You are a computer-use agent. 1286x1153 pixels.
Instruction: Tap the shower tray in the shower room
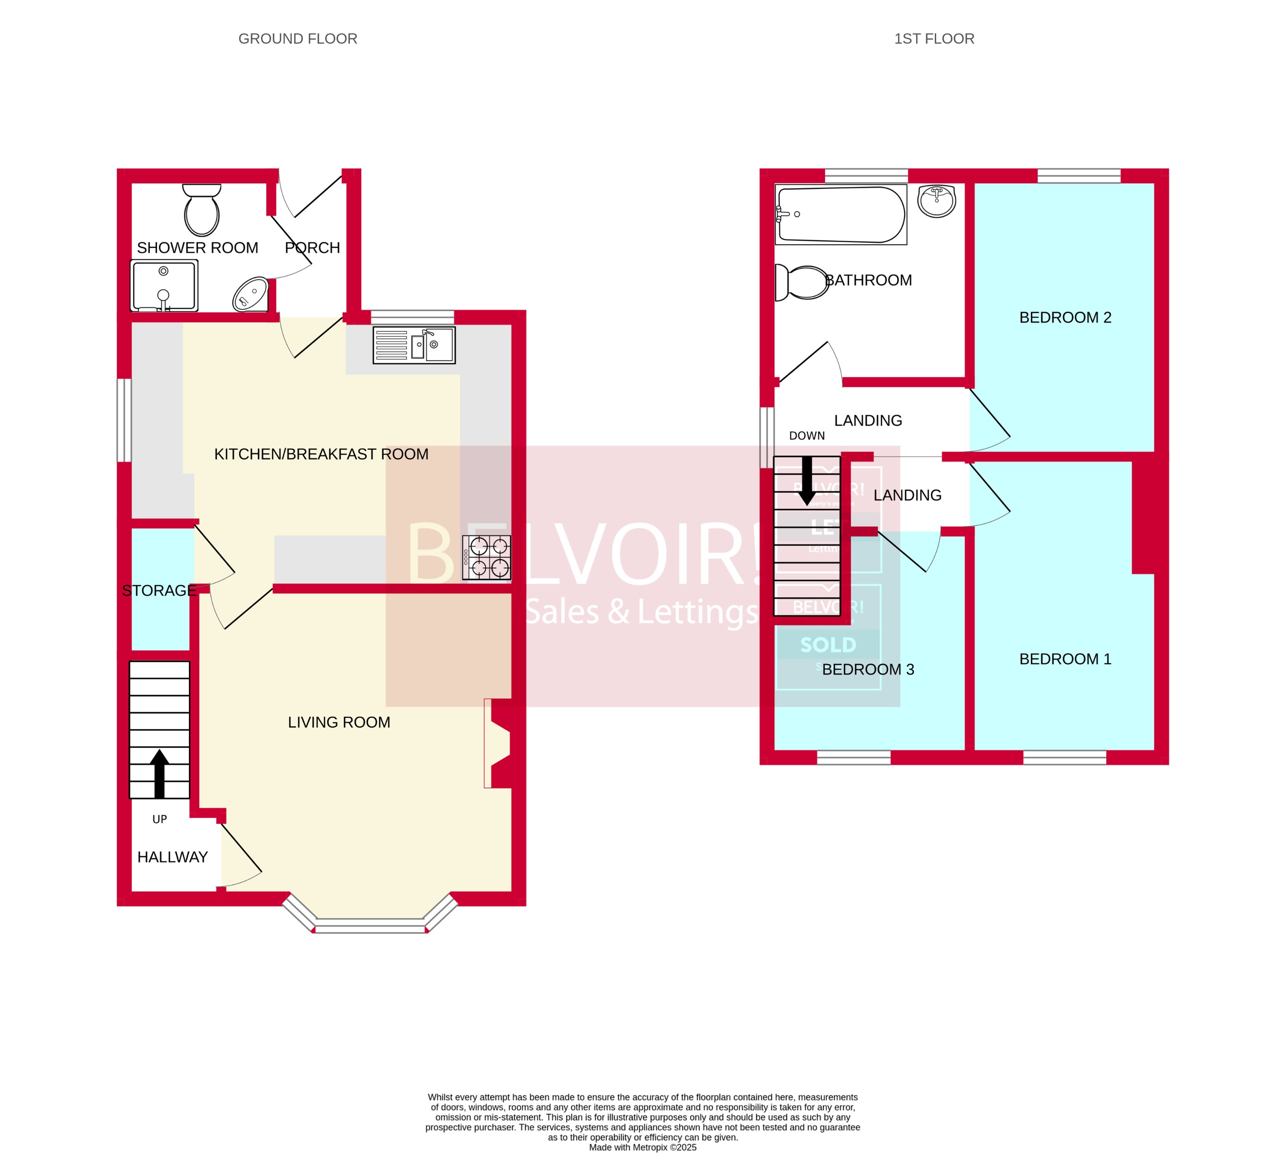click(164, 286)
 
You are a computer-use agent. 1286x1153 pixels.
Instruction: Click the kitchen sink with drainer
click(414, 345)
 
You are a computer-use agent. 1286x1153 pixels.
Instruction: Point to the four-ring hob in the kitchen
click(486, 557)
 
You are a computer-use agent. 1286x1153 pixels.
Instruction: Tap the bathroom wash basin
click(937, 201)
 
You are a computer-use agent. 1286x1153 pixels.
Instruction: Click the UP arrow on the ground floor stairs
click(160, 774)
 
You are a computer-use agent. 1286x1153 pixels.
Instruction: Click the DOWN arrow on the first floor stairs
click(807, 481)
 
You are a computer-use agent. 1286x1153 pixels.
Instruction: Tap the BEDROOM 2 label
click(1065, 318)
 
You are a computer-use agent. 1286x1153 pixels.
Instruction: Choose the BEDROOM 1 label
click(1065, 659)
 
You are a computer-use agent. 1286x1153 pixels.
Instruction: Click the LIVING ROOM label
click(339, 722)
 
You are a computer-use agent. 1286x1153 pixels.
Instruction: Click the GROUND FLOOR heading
click(298, 38)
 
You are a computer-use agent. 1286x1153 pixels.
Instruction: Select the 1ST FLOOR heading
click(934, 38)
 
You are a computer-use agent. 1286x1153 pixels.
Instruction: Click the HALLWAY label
click(172, 857)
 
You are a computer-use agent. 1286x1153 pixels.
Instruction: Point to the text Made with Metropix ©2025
click(642, 1148)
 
